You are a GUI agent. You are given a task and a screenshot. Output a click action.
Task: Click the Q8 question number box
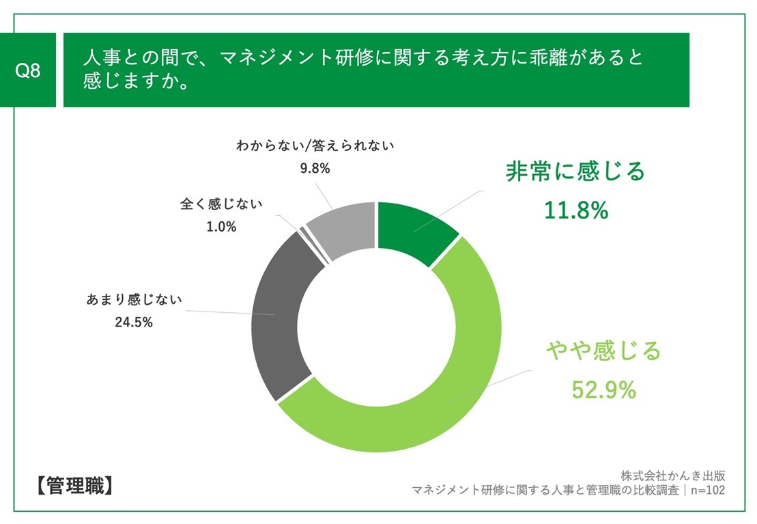[x=28, y=70]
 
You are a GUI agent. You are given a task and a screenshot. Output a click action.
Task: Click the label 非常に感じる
[x=575, y=171]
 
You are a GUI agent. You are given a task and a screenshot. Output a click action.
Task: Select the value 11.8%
[x=575, y=211]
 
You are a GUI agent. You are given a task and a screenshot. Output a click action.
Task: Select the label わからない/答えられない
[x=315, y=145]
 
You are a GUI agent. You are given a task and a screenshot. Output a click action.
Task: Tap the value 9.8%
[x=315, y=168]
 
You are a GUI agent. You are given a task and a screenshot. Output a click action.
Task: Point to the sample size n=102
[x=707, y=490]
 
